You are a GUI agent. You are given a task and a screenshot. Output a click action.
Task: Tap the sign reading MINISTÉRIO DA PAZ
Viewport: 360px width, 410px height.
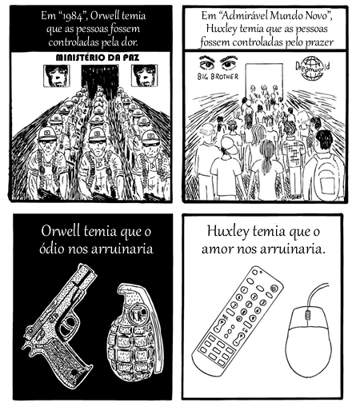point(98,58)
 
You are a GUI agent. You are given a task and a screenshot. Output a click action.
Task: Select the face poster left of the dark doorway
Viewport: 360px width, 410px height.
point(57,76)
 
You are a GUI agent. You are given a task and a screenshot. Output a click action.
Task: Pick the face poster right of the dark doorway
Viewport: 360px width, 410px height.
point(144,75)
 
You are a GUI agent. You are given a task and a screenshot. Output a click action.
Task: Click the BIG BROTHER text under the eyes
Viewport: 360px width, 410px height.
point(218,77)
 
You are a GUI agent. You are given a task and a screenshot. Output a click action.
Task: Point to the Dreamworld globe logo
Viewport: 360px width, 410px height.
point(312,68)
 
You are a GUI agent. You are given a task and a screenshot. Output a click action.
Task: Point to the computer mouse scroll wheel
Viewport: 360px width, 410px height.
point(307,316)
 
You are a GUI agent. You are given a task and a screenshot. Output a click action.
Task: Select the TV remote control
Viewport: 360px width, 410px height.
point(238,319)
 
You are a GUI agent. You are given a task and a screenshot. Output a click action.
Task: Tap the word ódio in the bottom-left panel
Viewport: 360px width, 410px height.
point(52,249)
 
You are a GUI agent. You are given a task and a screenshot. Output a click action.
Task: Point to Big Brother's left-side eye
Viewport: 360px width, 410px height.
point(207,63)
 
